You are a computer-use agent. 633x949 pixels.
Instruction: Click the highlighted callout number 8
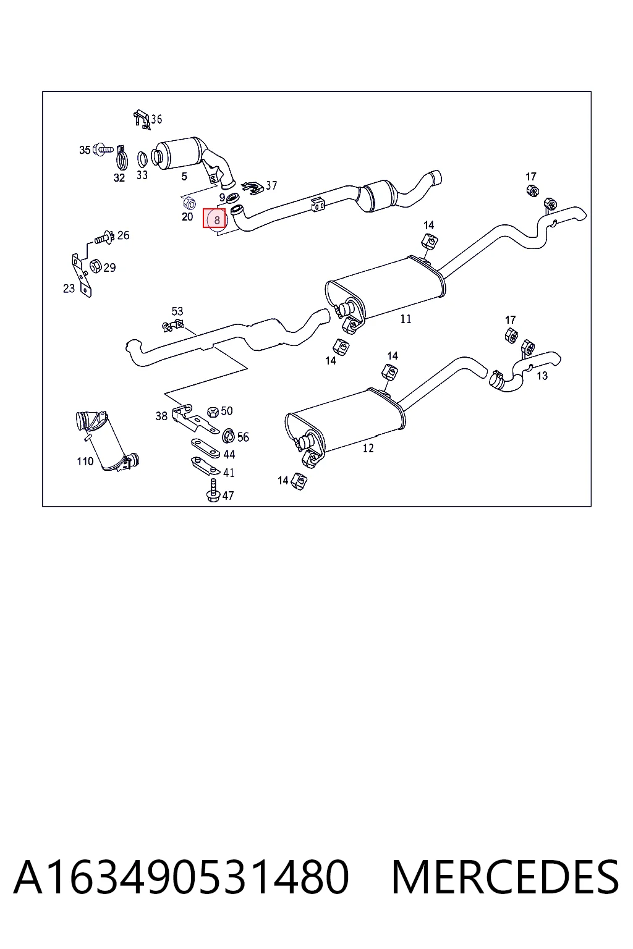tap(216, 221)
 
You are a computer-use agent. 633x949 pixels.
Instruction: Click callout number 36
tap(156, 119)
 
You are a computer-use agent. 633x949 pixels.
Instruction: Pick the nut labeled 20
tap(189, 203)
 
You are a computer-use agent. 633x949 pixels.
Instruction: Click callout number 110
tap(85, 462)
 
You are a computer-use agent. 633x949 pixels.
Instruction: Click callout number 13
tap(542, 376)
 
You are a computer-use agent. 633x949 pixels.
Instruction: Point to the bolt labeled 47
tap(213, 491)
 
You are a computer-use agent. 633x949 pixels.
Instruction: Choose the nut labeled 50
tap(213, 411)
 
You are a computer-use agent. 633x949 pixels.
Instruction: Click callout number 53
tap(177, 311)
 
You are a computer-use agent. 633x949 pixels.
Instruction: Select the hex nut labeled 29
tap(95, 266)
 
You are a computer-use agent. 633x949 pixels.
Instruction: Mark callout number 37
tap(271, 185)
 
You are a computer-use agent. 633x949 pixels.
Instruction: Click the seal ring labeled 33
tap(143, 159)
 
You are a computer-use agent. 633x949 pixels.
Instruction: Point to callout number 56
tap(243, 437)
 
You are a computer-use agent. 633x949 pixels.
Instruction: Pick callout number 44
tap(229, 455)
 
